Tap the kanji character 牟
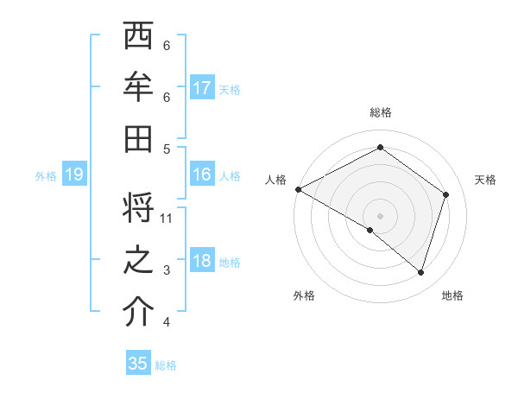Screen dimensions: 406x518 point(139,87)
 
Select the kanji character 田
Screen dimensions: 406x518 point(139,138)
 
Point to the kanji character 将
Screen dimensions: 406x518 point(139,211)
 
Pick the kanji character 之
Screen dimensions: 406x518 point(139,262)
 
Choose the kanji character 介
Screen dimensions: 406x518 point(139,314)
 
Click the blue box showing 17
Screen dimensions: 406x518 point(202,87)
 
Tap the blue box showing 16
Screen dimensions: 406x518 point(202,174)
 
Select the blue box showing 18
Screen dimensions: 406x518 point(202,262)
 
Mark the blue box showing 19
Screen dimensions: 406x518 point(74,175)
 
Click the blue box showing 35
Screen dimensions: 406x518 point(138,364)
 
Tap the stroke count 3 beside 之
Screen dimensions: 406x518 point(167,271)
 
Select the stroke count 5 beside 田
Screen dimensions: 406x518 point(167,149)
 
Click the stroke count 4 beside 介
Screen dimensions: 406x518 point(167,323)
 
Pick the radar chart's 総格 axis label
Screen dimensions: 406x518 point(380,113)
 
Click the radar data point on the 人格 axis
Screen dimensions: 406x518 point(298,189)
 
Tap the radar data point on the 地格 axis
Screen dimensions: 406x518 point(420,272)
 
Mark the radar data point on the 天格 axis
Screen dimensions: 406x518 point(445,194)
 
